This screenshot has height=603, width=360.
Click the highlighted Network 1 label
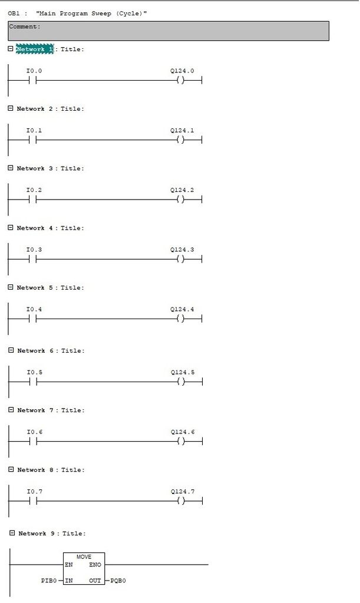[35, 49]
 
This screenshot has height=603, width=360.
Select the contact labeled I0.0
[32, 80]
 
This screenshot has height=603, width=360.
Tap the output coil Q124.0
[180, 80]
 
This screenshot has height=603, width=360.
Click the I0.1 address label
[34, 130]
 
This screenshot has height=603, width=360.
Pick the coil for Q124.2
[180, 200]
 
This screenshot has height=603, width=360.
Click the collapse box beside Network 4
[11, 228]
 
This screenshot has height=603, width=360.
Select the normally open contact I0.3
[32, 259]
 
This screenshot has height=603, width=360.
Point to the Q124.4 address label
[182, 309]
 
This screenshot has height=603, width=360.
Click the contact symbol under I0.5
[33, 382]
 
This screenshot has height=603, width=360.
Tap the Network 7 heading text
[35, 410]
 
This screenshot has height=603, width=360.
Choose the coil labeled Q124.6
[181, 441]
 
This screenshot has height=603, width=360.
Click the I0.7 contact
[33, 501]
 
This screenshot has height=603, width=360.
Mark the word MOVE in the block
[84, 557]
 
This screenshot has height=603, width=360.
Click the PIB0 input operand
[49, 580]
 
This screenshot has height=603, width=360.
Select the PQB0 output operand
[118, 580]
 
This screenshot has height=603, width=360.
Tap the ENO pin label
[95, 565]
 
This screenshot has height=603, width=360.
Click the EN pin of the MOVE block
[69, 565]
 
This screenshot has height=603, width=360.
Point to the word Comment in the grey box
[23, 26]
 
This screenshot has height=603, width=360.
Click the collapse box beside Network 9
[12, 533]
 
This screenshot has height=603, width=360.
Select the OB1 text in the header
[14, 14]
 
